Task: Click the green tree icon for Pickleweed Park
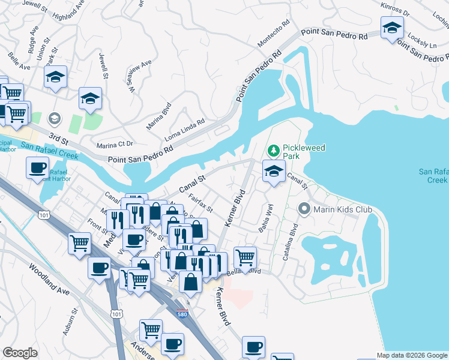(274, 149)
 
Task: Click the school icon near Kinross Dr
(392, 28)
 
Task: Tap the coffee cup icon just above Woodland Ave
(99, 268)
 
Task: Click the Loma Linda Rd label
(185, 128)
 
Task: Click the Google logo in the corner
(20, 353)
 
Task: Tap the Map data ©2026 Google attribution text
(412, 355)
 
